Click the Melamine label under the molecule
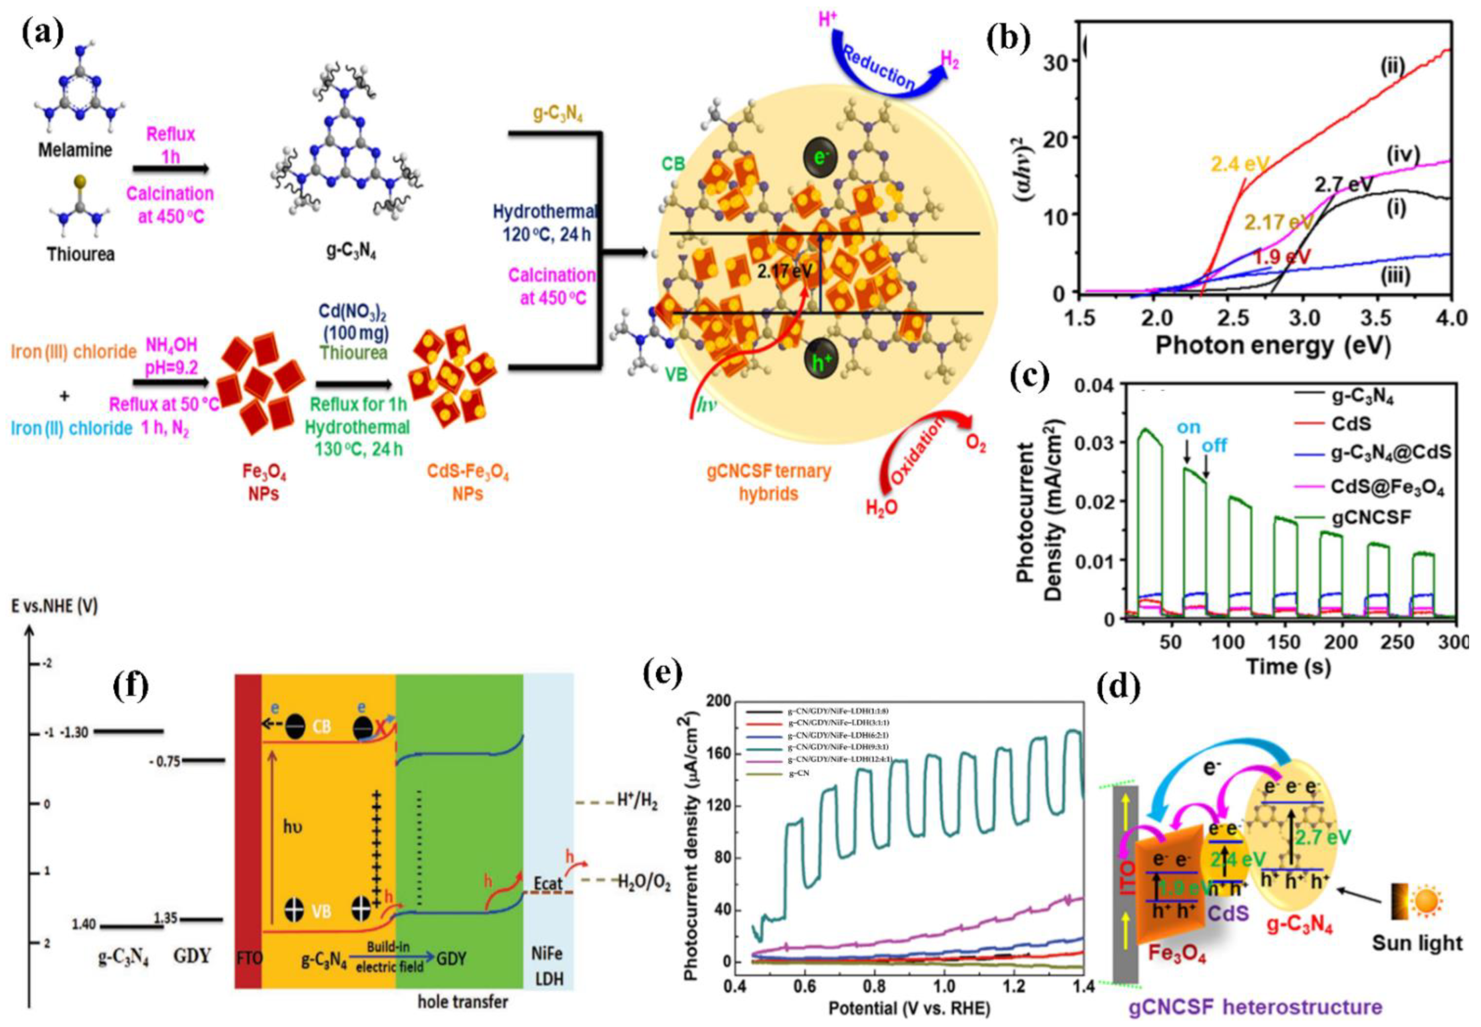75,150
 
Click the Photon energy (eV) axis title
1273,346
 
